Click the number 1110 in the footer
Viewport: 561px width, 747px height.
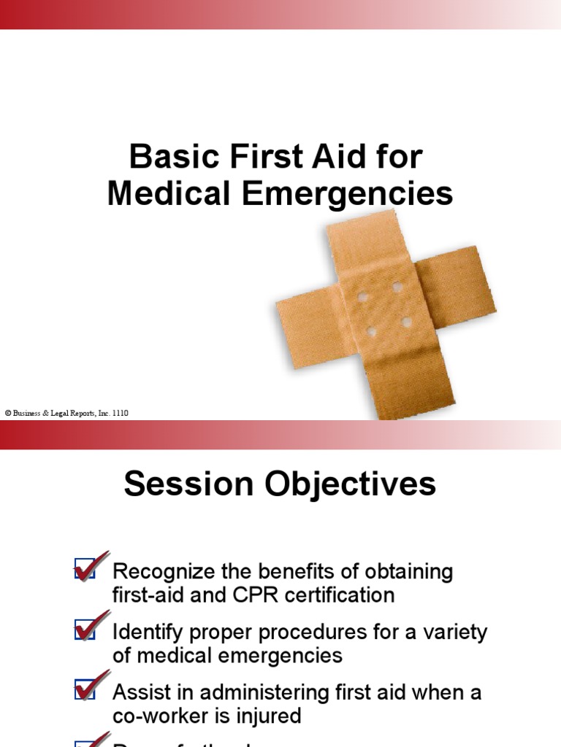121,413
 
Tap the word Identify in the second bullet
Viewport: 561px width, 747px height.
145,632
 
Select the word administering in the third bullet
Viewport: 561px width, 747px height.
251,692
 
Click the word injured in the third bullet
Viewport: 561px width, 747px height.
266,716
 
